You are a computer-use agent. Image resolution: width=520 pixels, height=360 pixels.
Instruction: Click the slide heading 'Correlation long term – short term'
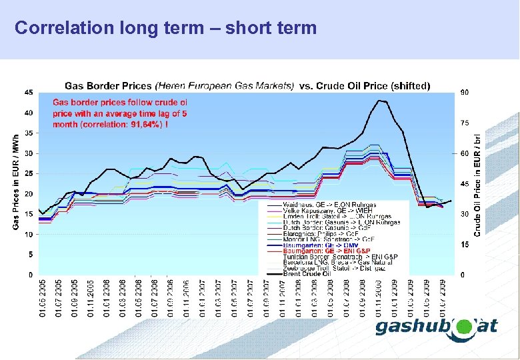coord(165,28)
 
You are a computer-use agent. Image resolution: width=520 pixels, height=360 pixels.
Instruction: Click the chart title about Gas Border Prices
coord(247,85)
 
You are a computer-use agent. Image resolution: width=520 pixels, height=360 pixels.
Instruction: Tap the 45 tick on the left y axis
coord(29,92)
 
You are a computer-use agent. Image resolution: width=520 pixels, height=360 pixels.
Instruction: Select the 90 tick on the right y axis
coord(464,92)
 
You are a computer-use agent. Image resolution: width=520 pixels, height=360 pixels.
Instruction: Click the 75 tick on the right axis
coord(464,123)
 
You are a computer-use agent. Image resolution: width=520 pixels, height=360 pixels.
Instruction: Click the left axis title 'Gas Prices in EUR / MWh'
coord(16,183)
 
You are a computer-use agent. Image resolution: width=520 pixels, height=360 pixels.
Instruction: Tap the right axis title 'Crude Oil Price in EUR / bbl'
coord(477,183)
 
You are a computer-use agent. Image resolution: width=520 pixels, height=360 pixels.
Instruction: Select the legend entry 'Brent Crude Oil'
coord(307,273)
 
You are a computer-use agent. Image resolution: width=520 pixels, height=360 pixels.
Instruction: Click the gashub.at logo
coord(437,327)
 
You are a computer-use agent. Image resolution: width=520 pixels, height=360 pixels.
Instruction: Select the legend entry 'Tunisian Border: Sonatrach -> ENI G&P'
coord(340,257)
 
